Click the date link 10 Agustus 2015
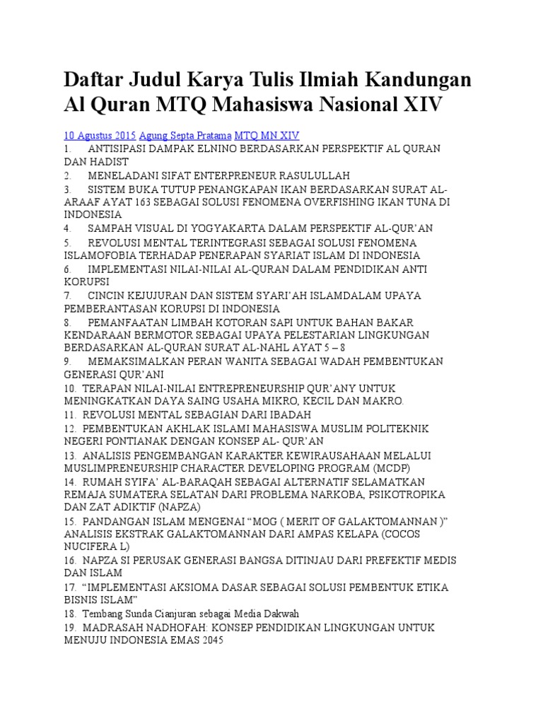(x=100, y=135)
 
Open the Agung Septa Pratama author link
(x=185, y=135)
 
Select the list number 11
(x=69, y=415)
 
